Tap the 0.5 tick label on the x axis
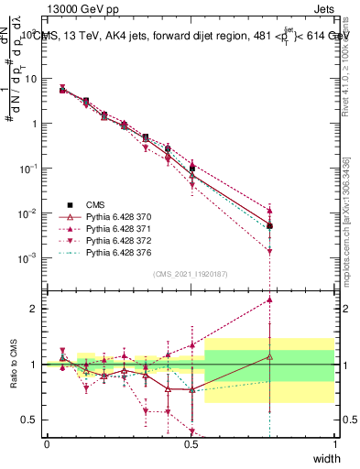click(191, 444)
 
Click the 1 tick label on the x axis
click(335, 444)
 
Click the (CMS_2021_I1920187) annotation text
click(191, 273)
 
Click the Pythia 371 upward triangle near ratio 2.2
click(269, 300)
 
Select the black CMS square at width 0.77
click(269, 225)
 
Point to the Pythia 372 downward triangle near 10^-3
click(269, 251)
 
